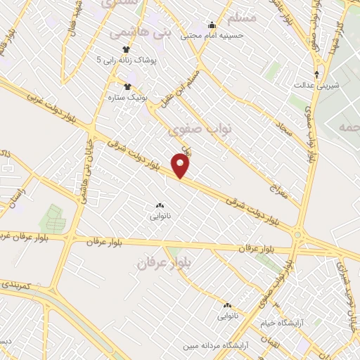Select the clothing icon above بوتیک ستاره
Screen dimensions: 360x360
(x=127, y=86)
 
